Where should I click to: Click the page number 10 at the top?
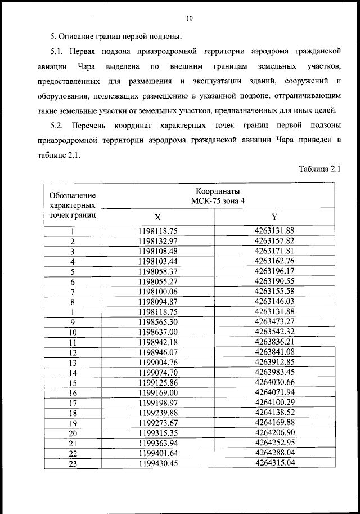(189, 19)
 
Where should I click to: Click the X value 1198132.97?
(157, 241)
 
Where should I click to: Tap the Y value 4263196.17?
(274, 271)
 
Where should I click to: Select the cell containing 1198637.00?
(157, 332)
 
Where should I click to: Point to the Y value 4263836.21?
(274, 342)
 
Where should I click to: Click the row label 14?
(72, 373)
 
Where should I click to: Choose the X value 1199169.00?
(157, 392)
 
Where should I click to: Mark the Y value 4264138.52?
(274, 413)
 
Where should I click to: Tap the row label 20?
(72, 433)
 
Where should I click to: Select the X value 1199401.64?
(157, 453)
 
